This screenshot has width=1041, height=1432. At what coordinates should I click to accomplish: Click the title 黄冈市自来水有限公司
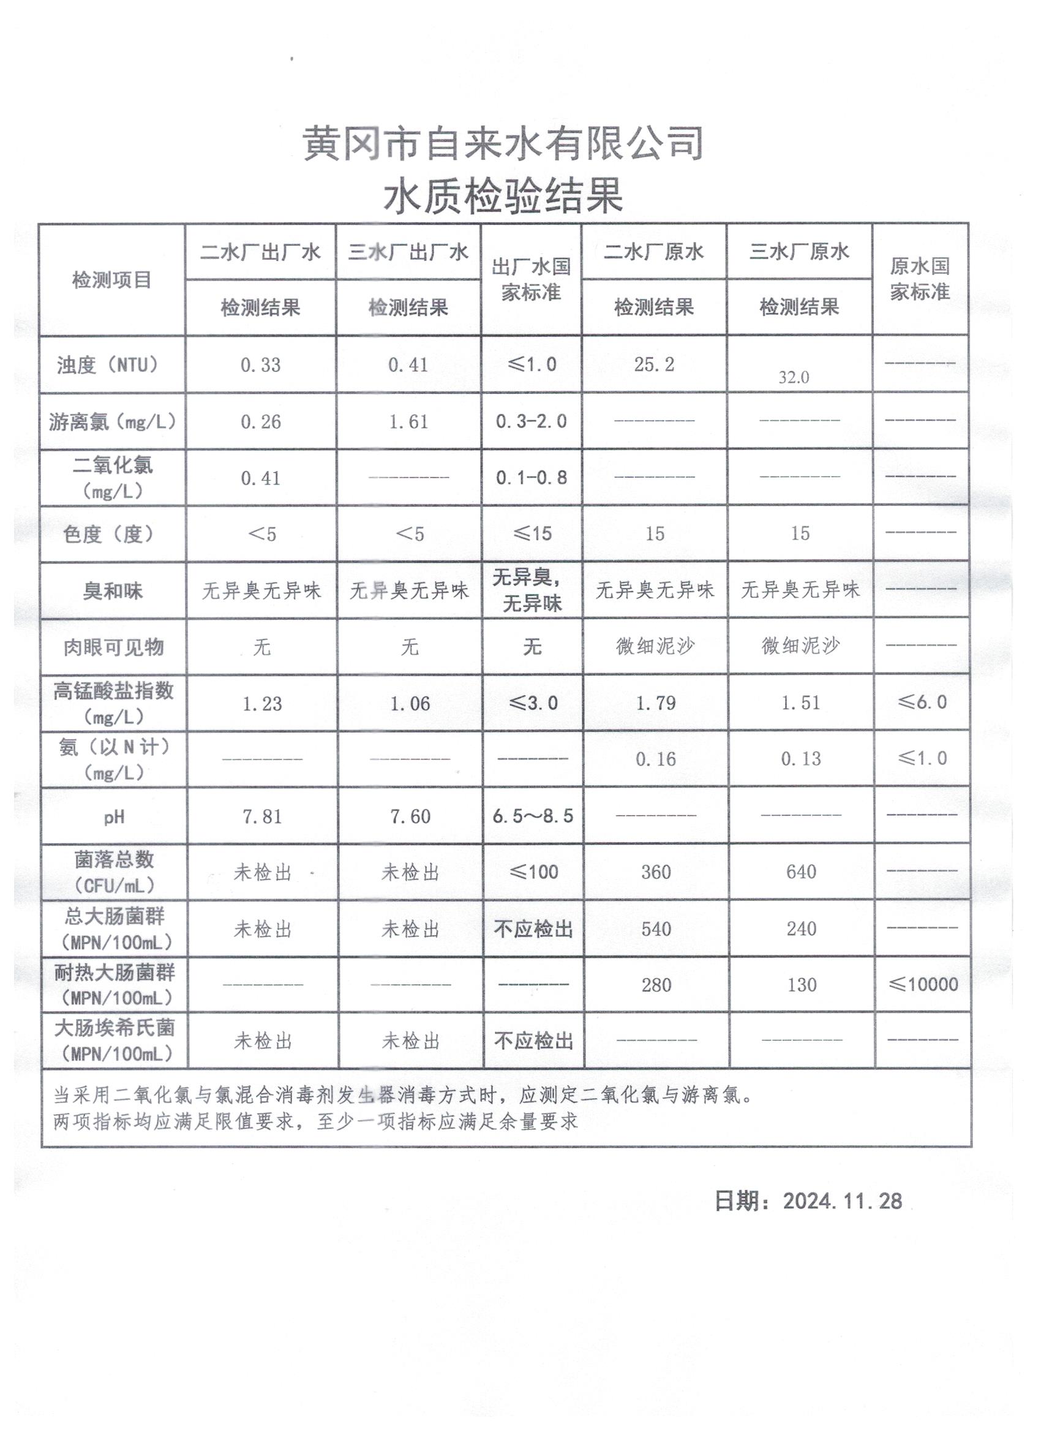click(503, 143)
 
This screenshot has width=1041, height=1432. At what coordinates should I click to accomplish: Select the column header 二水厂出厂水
click(260, 252)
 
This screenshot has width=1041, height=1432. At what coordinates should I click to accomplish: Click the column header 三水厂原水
click(799, 252)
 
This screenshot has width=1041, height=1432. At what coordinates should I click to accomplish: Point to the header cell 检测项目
click(111, 280)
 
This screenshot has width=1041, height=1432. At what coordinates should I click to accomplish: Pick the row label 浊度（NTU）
click(108, 365)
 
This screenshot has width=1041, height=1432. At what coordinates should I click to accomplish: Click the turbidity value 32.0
click(794, 377)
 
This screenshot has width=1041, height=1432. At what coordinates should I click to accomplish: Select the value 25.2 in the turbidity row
click(654, 364)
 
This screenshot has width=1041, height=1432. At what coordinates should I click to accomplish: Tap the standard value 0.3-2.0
click(531, 421)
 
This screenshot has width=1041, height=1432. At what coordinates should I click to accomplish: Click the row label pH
click(114, 817)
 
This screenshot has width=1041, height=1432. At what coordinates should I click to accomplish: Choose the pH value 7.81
click(262, 816)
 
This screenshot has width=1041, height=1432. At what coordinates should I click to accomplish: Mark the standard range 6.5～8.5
click(533, 816)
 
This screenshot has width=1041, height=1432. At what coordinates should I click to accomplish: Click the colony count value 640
click(801, 872)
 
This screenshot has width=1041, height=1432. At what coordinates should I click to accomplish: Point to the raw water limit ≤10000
click(923, 984)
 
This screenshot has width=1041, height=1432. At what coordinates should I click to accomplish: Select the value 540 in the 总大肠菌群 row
click(656, 929)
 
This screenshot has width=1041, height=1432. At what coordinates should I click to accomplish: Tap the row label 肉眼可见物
click(114, 647)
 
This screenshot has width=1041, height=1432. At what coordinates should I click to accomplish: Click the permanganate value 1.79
click(656, 703)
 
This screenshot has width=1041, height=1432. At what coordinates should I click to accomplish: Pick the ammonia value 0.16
click(656, 759)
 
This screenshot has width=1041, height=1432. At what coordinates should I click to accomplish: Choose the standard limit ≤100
click(533, 872)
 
